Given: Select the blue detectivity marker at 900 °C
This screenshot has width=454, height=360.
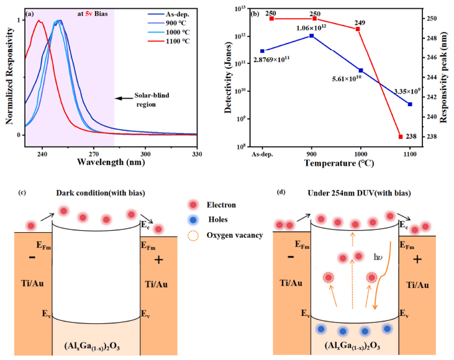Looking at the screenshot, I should [312, 36].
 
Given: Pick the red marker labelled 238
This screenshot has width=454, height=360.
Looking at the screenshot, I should [401, 137].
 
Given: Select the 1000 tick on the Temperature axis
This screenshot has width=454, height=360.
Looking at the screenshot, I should [361, 152].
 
